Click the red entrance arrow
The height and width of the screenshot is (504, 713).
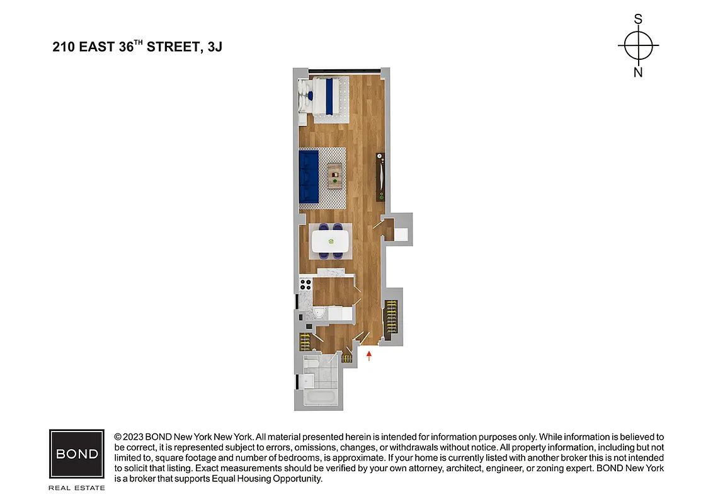click(x=369, y=357)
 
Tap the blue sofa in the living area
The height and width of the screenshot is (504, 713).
click(x=309, y=177)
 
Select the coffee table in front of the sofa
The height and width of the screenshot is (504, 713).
click(x=334, y=176)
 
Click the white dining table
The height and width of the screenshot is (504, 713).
click(x=331, y=240)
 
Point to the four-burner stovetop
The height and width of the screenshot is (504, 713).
click(x=306, y=285)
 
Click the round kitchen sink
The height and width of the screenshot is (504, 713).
click(x=319, y=313)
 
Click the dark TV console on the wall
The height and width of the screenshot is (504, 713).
click(x=379, y=176)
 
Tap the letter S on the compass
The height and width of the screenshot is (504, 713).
click(x=638, y=20)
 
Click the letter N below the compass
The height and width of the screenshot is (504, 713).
click(x=638, y=72)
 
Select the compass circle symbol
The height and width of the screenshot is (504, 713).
click(x=638, y=46)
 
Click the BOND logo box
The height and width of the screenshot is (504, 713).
click(x=77, y=454)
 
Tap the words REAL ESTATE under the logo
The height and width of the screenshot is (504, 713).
click(x=77, y=488)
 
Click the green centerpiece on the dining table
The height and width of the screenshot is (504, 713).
click(x=331, y=240)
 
